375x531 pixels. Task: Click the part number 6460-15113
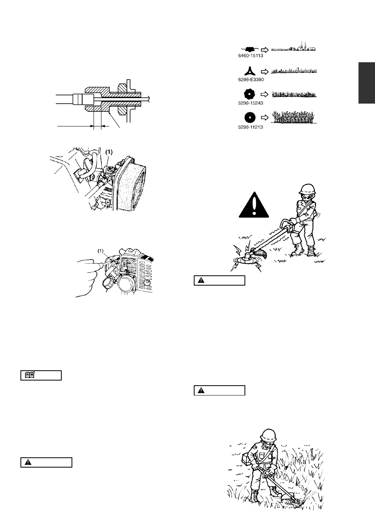(x=250, y=56)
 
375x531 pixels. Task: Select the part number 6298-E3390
(x=251, y=80)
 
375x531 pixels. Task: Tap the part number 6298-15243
(x=250, y=103)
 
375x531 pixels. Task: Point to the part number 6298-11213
(x=250, y=127)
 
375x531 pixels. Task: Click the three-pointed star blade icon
(x=250, y=71)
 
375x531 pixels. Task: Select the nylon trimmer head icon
(x=249, y=49)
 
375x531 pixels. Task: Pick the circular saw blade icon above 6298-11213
(x=250, y=117)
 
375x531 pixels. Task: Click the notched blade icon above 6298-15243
(x=250, y=94)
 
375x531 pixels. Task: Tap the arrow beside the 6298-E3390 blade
(x=265, y=71)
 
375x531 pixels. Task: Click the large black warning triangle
(x=254, y=205)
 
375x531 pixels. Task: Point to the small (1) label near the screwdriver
(x=101, y=251)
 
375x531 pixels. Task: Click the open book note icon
(x=30, y=375)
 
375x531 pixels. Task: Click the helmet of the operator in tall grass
(x=268, y=434)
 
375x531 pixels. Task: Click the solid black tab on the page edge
(x=367, y=83)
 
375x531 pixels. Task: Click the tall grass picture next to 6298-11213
(x=294, y=117)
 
